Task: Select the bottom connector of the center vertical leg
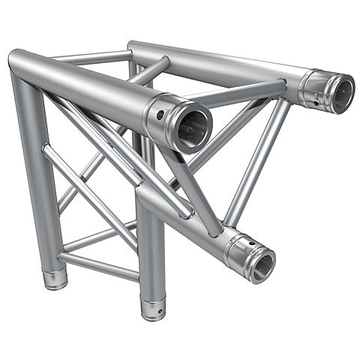point(153,307)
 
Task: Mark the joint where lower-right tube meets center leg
point(146,199)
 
